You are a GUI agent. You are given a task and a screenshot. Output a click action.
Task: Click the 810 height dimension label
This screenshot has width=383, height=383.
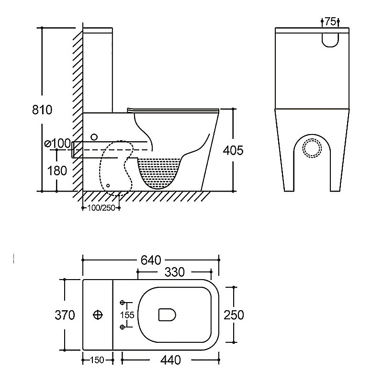coord(42,110)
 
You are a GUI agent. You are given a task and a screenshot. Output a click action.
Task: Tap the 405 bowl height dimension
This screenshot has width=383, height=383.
coord(233,150)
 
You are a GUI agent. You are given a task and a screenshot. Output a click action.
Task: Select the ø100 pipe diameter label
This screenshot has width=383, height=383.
coord(57,143)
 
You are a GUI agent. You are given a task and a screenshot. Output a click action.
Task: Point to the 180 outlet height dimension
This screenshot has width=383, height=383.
coord(57,171)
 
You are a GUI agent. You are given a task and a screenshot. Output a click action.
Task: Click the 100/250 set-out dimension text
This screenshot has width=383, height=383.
coord(101,208)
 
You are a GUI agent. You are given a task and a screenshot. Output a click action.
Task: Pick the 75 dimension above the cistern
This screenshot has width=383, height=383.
coord(330,22)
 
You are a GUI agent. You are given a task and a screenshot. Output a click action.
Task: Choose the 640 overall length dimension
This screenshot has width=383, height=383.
coord(151,260)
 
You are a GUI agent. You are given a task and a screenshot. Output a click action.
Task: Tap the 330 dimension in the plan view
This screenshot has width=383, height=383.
coord(174,272)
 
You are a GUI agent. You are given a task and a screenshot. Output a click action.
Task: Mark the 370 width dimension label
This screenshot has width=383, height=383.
coord(65,315)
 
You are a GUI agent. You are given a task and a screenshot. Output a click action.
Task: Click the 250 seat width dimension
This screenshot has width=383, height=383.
coord(234,315)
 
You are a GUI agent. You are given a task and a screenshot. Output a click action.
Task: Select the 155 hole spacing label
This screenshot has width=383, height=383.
coord(127,315)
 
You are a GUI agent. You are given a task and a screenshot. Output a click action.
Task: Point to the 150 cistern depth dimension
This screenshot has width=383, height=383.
coord(97,360)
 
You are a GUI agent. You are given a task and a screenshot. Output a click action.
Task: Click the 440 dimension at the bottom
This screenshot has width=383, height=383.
coord(170,360)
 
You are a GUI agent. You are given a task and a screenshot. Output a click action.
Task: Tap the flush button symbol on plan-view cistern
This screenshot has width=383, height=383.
coord(98,315)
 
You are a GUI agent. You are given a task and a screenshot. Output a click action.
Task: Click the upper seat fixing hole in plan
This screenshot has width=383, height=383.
coord(123,303)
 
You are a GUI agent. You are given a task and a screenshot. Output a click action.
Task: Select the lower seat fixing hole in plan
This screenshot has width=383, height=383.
coord(123,327)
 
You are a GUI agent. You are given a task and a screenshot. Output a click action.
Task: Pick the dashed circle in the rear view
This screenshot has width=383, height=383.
coord(312,148)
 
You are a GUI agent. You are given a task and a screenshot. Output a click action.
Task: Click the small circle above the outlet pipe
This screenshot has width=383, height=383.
coord(94,137)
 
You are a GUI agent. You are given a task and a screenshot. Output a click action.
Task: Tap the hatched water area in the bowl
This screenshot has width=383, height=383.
coord(159,172)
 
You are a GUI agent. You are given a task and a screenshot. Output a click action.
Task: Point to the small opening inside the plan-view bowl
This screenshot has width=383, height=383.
coord(167,315)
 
